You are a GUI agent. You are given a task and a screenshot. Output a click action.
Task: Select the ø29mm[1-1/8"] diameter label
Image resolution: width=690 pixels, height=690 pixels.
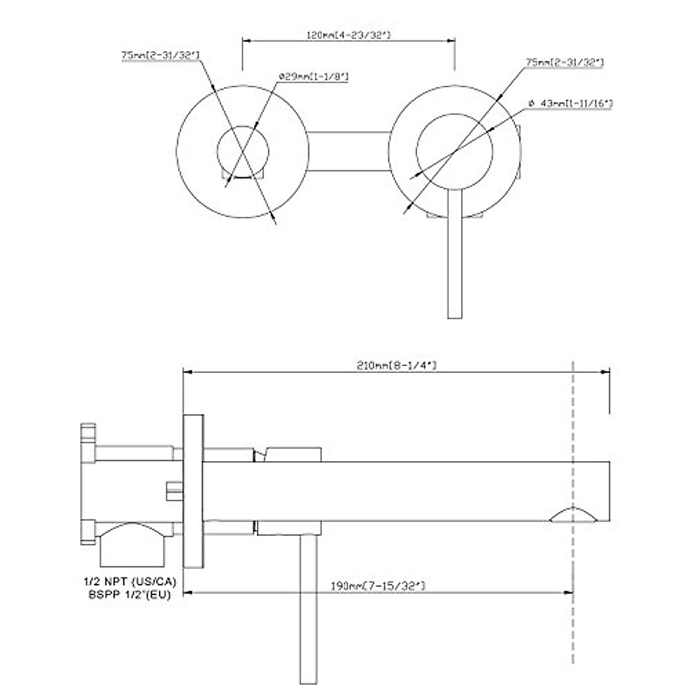coord(313,76)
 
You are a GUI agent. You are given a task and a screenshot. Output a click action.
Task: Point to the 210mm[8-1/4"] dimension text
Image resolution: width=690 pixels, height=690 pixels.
coord(397,366)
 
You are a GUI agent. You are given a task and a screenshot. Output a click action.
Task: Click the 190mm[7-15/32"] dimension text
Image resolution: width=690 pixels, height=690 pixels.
coord(378,586)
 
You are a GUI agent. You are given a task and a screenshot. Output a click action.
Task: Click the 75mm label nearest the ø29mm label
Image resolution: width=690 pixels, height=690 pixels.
coord(160,55)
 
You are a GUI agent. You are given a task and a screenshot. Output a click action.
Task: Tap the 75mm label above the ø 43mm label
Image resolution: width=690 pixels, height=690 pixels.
coord(564,62)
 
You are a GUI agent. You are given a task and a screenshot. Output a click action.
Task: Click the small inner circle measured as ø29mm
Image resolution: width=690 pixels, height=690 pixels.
coord(243,151)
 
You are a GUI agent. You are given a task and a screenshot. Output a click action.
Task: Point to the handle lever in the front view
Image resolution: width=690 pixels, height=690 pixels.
coord(454,259)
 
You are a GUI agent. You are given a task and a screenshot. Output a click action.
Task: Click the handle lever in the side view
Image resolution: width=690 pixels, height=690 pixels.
coord(309,609)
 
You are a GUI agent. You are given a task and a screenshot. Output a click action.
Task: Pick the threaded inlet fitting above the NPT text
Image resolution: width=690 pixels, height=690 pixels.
coord(133,546)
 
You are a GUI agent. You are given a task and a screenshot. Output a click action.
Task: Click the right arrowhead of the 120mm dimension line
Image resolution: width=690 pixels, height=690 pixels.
coord(451,40)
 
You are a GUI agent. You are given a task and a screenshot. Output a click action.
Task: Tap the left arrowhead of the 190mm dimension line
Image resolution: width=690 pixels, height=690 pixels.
coord(187,592)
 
